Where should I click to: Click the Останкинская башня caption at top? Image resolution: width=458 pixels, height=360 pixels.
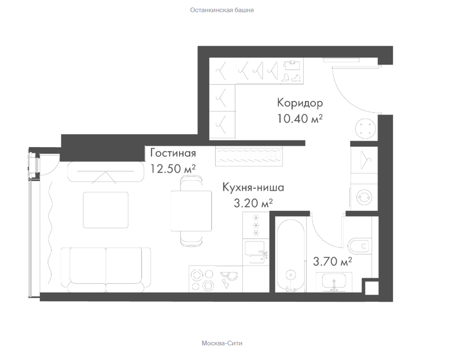222,10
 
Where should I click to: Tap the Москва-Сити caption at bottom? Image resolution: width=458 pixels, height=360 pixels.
222,343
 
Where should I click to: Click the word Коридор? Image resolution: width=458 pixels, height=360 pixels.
300,103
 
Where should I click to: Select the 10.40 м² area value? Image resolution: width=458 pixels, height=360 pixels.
300,118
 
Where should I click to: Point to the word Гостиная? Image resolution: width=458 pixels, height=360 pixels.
173,153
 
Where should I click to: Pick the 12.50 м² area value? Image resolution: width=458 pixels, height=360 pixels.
173,169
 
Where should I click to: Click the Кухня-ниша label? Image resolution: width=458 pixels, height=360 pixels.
253,187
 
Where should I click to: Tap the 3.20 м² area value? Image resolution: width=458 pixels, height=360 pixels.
253,203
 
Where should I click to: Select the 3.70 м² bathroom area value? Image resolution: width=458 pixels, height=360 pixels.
332,261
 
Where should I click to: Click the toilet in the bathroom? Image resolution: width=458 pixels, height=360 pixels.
359,246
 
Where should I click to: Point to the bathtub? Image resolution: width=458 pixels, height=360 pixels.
290,255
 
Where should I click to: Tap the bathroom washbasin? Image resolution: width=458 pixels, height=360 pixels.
334,282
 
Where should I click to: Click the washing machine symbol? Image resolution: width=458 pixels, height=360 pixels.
364,196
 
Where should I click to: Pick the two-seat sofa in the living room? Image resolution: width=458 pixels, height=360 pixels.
105,270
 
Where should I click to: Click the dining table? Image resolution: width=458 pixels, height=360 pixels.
191,210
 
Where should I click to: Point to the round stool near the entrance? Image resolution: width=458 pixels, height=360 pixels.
365,128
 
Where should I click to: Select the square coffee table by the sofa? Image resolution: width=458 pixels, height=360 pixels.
105,210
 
